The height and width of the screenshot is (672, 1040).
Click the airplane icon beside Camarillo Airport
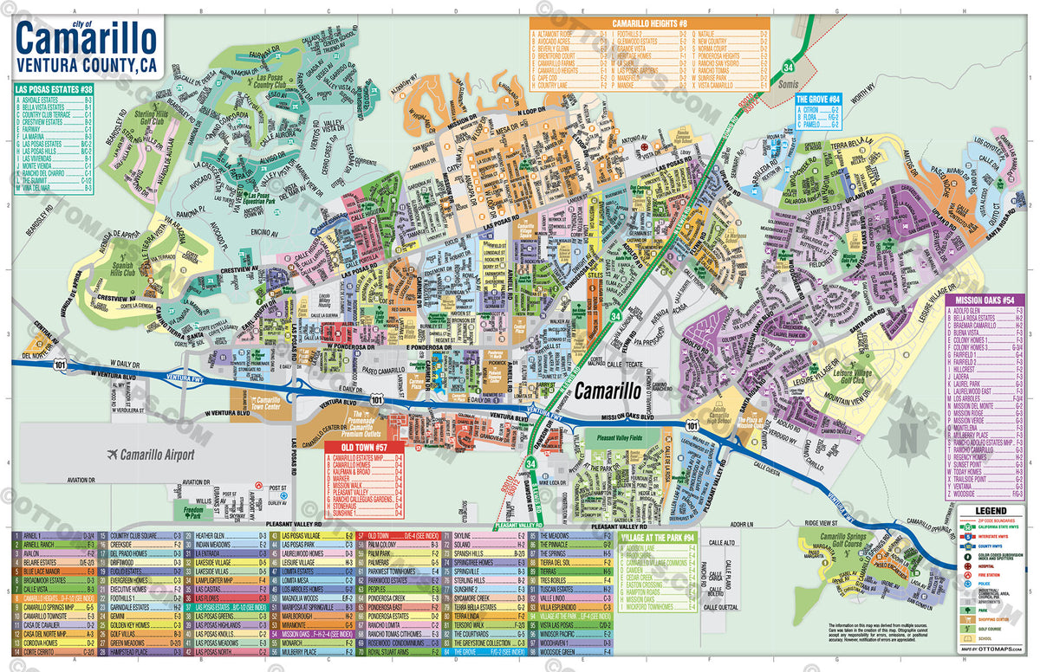(x=112, y=455)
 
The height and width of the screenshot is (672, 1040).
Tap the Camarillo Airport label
(x=158, y=455)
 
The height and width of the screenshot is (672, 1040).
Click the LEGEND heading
(x=990, y=512)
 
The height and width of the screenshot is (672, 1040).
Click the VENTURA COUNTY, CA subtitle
(x=86, y=64)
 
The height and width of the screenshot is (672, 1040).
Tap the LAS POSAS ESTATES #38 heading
(x=55, y=89)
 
